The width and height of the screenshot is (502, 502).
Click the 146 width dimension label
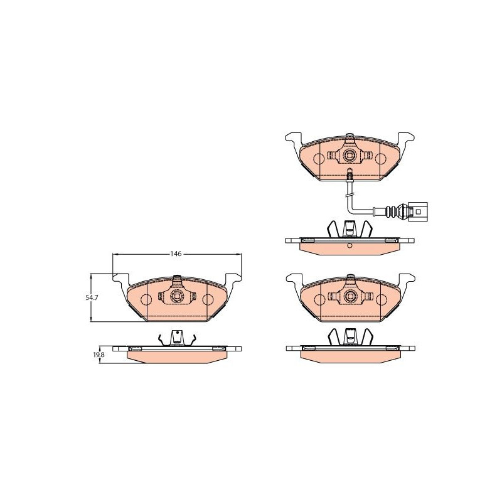(x=176, y=254)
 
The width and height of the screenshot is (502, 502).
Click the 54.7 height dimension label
(x=91, y=297)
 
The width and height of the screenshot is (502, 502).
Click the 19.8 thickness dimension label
(x=100, y=355)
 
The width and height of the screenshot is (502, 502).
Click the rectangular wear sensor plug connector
(x=419, y=211)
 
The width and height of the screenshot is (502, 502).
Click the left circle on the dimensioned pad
(x=146, y=300)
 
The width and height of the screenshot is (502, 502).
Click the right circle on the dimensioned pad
(x=208, y=300)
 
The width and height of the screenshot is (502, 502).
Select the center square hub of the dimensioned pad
(x=177, y=296)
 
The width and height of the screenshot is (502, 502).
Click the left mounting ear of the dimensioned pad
(x=120, y=279)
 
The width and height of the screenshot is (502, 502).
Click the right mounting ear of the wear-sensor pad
(x=405, y=139)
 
